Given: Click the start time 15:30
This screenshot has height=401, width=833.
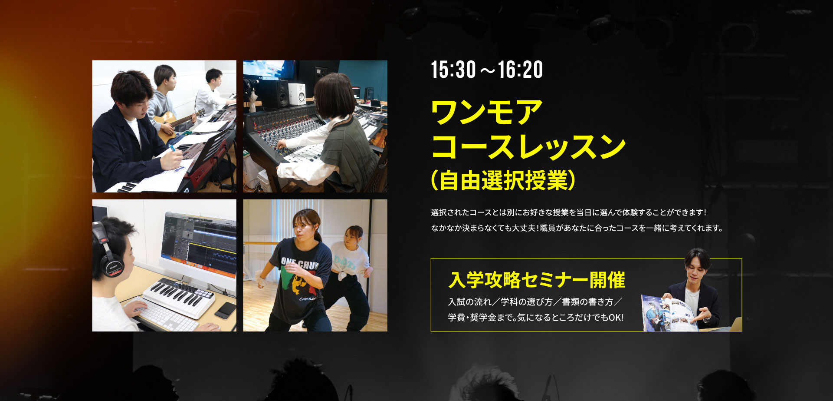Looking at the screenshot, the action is [453, 70].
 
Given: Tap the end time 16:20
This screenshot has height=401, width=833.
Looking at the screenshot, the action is [520, 70].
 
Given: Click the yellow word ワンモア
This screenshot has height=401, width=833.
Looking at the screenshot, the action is [487, 112].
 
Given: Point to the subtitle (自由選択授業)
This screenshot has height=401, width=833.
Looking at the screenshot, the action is [503, 180].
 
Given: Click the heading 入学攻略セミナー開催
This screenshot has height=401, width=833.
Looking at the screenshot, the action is [537, 280].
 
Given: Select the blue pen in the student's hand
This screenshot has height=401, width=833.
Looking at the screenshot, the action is [173, 149].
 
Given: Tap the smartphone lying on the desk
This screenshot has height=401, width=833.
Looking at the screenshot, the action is [226, 310].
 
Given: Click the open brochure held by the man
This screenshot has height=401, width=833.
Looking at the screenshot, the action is [670, 313].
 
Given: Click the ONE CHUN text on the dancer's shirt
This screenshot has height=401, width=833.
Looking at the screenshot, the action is [299, 262].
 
